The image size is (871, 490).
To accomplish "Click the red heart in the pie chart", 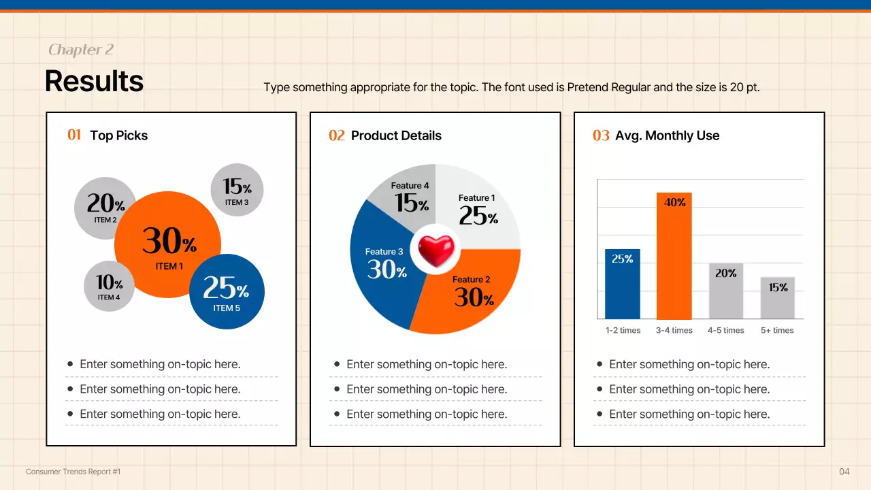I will (x=435, y=250).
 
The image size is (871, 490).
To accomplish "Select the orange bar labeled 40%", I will (x=674, y=259).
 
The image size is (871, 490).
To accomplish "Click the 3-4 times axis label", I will (x=674, y=331).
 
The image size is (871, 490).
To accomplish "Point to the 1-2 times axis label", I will (x=623, y=331).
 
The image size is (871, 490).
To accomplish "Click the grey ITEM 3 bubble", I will (x=237, y=190).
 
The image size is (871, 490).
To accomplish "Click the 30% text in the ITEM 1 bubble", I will (x=169, y=241).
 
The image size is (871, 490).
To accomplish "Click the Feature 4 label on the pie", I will (x=410, y=186).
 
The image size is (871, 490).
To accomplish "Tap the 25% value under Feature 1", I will (x=478, y=216).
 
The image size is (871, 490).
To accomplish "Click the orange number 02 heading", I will (x=336, y=135).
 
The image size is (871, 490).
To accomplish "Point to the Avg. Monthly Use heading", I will (x=667, y=135).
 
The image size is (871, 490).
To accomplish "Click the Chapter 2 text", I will (x=80, y=50).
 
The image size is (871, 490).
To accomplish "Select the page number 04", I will (x=844, y=472).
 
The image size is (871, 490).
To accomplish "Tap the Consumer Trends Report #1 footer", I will (x=73, y=472).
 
